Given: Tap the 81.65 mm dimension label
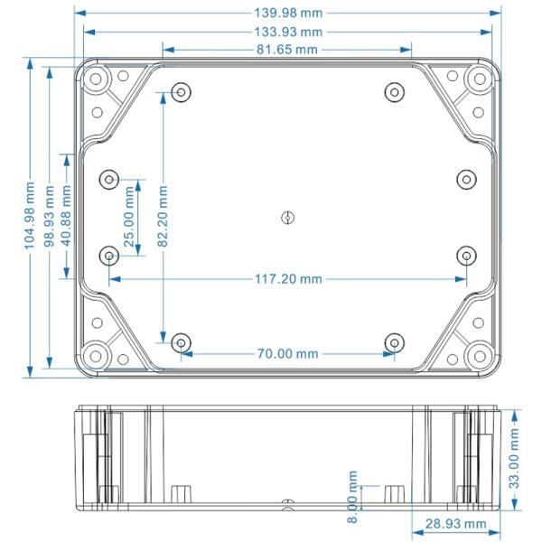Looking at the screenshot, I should coord(286,49).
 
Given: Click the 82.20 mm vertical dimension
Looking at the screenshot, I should coord(162,217).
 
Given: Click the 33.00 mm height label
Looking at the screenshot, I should coord(514,459).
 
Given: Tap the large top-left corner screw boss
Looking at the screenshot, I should coord(96,80).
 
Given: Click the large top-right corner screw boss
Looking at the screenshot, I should coord(476,80).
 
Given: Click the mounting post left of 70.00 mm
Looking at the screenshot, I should coord(181,342).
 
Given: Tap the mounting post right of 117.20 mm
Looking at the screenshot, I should coord(465,256).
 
